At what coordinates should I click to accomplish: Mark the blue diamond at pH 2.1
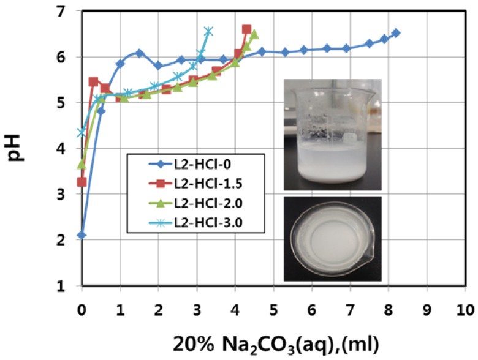[x=82, y=235]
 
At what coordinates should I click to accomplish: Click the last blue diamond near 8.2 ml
[x=396, y=33]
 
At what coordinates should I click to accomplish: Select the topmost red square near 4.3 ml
[x=246, y=29]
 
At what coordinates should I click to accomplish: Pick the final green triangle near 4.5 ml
[x=254, y=34]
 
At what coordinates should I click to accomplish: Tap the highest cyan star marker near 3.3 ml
[x=208, y=31]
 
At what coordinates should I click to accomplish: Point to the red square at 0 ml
[x=82, y=182]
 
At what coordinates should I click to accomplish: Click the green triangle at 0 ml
[x=82, y=164]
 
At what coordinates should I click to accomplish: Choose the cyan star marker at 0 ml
[x=82, y=132]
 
